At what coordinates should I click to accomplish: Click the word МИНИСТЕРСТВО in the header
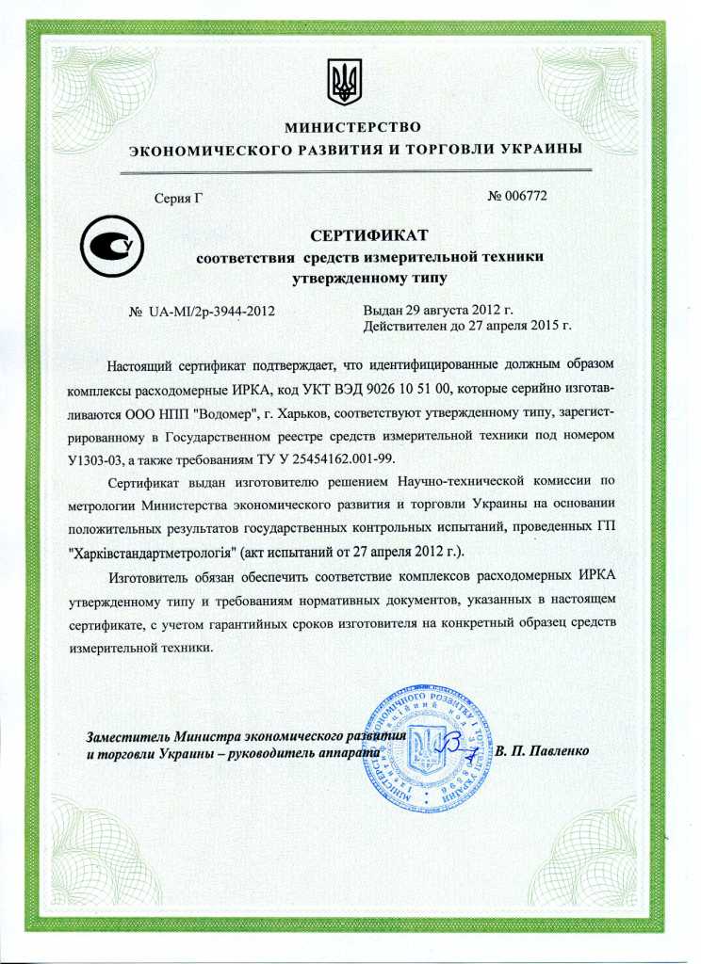click(x=351, y=127)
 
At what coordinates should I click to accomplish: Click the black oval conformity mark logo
click(x=111, y=247)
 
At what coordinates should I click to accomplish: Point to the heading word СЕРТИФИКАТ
click(x=369, y=233)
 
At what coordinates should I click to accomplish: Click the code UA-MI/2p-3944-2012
click(x=211, y=311)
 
